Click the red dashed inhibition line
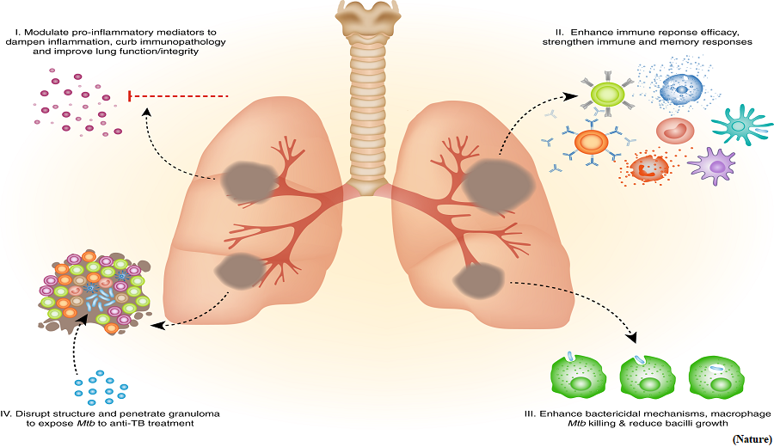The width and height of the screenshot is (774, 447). click(178, 95)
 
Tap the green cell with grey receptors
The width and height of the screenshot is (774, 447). click(608, 93)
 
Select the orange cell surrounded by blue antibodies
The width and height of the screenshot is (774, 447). click(592, 142)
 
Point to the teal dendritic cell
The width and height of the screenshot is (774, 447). click(740, 126)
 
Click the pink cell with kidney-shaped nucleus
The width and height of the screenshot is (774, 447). click(675, 132)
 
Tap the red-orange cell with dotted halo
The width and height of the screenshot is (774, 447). click(647, 168)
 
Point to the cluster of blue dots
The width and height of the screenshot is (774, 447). click(101, 388)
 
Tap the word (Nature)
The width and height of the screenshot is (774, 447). click(752, 439)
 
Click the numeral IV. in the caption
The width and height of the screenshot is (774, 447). click(7, 413)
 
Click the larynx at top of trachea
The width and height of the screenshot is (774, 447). click(368, 20)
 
